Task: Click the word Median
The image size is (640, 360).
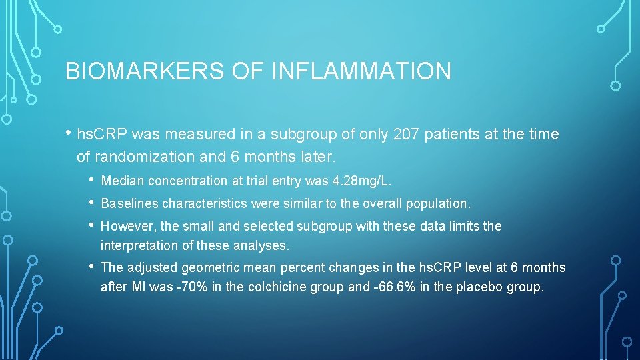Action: point(123,181)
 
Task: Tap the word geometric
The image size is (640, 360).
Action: point(215,268)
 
